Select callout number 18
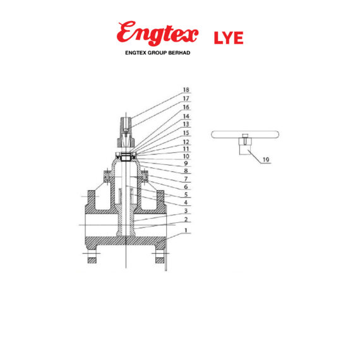point(186,90)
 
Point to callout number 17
point(186,99)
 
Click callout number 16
point(186,107)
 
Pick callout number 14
point(186,116)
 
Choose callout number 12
point(186,142)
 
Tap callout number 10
point(186,155)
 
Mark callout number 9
point(186,163)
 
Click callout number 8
point(186,171)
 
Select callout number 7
point(186,179)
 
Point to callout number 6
point(186,187)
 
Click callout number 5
point(186,195)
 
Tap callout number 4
point(186,203)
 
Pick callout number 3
point(186,211)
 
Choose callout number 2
point(186,219)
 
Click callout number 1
point(186,231)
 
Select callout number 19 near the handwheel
point(266,160)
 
